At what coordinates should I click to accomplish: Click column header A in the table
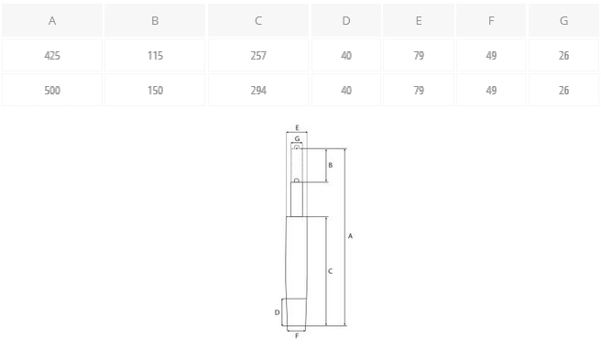(x=52, y=20)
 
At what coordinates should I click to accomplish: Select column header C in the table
(x=258, y=20)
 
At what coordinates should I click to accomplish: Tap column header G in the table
(x=563, y=20)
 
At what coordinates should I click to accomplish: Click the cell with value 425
(x=52, y=55)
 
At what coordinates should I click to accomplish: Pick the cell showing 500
(x=52, y=90)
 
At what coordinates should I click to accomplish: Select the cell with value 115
(x=155, y=55)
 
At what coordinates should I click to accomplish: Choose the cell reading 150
(x=155, y=90)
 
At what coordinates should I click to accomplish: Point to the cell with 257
(x=258, y=55)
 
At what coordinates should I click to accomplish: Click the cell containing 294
(x=258, y=90)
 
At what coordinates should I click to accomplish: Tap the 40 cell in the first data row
(x=346, y=55)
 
